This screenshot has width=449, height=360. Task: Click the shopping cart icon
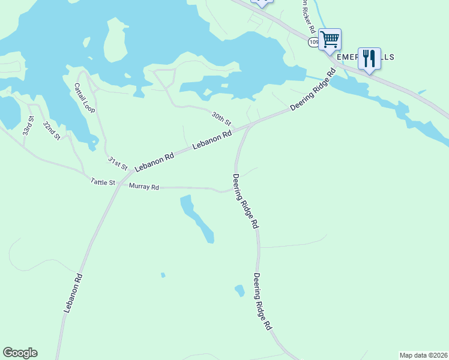(330, 40)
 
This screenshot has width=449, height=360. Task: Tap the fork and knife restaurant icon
(369, 58)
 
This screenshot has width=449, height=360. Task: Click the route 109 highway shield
(314, 42)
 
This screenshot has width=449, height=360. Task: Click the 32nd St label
(52, 131)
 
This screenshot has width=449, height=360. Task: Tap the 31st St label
(118, 163)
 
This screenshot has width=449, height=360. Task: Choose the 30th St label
(221, 118)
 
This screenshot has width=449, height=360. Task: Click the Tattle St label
(103, 181)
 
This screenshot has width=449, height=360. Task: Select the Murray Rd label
(144, 187)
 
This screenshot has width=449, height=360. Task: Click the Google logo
(20, 353)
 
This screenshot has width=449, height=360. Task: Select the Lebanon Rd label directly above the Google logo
(73, 293)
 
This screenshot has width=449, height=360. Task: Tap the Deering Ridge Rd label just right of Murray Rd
(246, 201)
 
